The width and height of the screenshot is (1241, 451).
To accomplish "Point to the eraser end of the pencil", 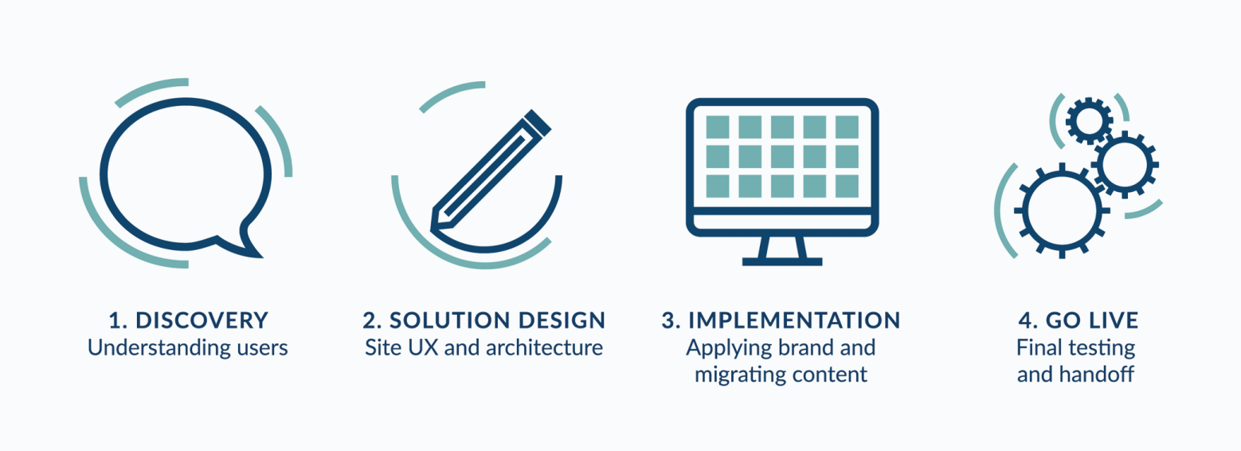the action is [x=538, y=123].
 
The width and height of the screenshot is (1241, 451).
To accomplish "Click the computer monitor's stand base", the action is [x=781, y=261].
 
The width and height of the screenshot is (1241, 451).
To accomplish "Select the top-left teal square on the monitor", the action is [x=718, y=127].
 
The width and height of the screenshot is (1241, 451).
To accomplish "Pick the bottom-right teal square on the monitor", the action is [x=847, y=186].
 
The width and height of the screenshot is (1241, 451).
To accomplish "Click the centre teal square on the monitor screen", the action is [x=782, y=157].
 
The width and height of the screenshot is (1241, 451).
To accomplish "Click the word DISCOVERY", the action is [x=202, y=320].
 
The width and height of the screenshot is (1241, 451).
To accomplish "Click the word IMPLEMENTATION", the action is [x=794, y=320].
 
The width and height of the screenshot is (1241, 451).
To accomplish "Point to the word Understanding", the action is [x=159, y=348].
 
